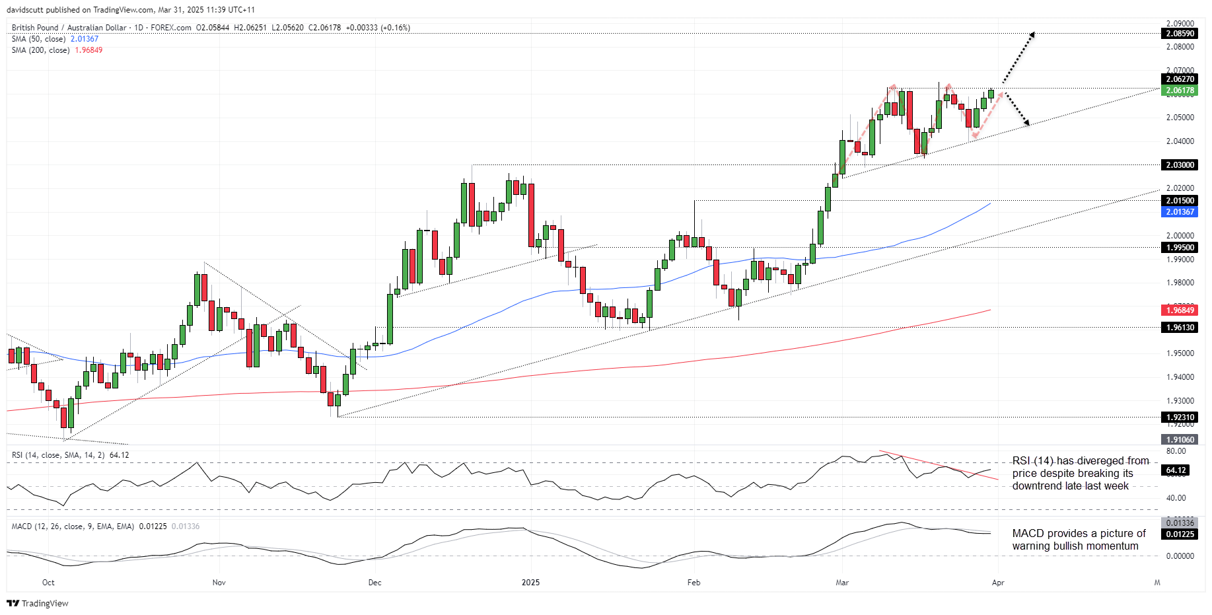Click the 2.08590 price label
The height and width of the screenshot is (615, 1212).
click(x=1180, y=34)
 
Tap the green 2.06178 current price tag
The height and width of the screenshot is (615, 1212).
click(x=1180, y=90)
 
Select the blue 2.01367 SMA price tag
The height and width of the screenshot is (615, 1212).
click(x=1180, y=212)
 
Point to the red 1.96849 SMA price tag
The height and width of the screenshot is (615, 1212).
click(x=1180, y=310)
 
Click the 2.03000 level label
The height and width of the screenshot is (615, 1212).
click(x=1180, y=165)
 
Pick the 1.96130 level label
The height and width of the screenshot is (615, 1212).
click(x=1180, y=328)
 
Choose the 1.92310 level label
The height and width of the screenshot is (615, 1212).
click(x=1180, y=417)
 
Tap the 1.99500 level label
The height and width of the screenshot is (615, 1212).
click(x=1180, y=248)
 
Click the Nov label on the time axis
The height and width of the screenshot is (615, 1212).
click(x=219, y=583)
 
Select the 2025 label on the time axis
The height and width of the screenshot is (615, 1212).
click(x=530, y=583)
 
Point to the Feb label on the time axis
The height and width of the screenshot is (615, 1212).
click(x=694, y=583)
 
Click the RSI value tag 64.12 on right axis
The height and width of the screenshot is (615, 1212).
click(x=1176, y=470)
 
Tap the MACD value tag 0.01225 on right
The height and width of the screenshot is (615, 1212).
click(x=1180, y=534)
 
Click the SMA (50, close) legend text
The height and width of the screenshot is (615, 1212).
click(x=38, y=39)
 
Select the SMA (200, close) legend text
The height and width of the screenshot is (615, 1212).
click(x=40, y=50)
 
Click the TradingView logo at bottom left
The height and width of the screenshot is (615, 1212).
click(x=38, y=603)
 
